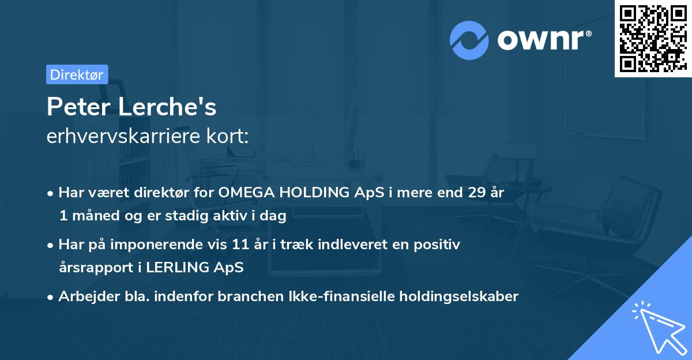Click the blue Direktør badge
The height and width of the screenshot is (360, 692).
77,74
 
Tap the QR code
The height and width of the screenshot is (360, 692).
653,39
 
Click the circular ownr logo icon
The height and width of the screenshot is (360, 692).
469,40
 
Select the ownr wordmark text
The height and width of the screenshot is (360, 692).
544,40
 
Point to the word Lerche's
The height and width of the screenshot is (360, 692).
167,107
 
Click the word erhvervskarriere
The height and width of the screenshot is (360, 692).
123,136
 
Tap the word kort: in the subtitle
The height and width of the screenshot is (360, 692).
227,136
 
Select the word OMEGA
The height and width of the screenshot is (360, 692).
247,192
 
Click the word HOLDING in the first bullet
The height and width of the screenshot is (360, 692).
314,192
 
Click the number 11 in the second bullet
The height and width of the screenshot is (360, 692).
240,244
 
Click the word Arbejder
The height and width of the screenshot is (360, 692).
89,297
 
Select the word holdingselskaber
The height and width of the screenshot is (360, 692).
459,297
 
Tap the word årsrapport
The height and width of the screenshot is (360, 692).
96,268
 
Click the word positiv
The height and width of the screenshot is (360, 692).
437,245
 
